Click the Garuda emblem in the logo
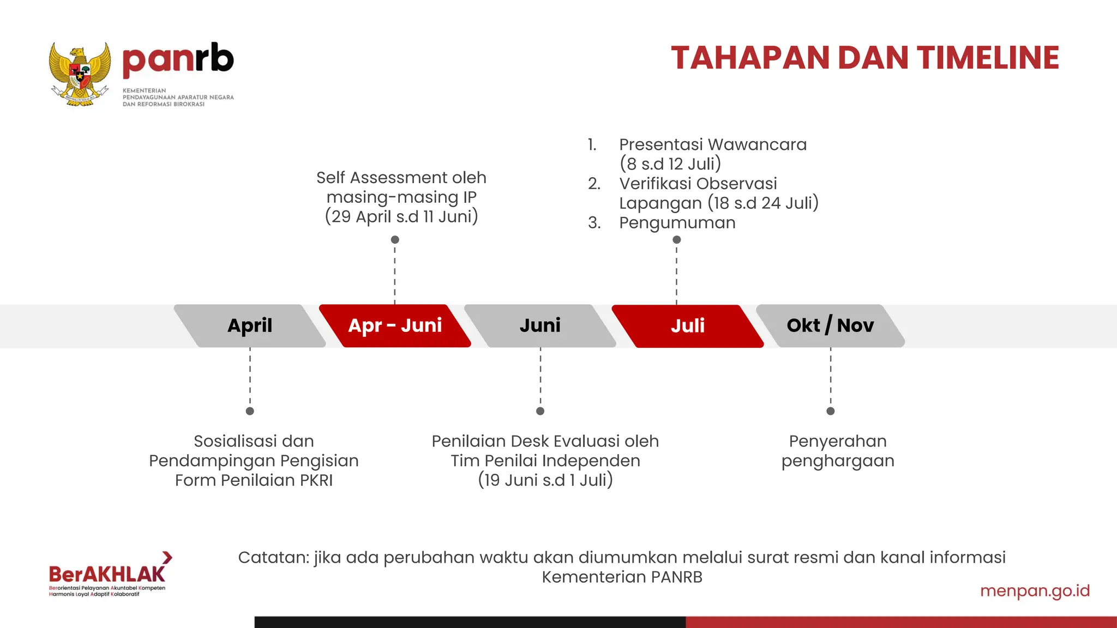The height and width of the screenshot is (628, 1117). tap(80, 74)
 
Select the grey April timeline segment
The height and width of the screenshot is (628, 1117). tap(250, 325)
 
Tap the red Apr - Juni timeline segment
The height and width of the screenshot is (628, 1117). tap(395, 325)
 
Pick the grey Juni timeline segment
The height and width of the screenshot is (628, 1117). tap(540, 325)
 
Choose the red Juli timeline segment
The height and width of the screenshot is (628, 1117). tap(687, 326)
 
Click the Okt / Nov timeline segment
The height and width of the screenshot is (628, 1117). tap(830, 325)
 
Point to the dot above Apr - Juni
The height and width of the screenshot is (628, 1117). tap(395, 240)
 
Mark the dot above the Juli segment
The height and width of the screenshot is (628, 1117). tap(677, 240)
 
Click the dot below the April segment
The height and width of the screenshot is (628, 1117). tap(250, 411)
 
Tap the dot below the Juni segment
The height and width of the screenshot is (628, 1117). tap(541, 411)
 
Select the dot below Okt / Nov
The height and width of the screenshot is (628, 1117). tap(831, 411)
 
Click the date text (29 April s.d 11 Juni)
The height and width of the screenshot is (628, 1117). tap(401, 217)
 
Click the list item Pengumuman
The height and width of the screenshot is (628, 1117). tap(677, 223)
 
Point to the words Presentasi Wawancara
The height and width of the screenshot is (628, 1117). tap(712, 144)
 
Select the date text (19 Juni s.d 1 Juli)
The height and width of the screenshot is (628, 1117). tap(545, 480)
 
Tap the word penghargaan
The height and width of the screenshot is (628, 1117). tap(838, 461)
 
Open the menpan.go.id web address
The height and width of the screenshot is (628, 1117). tap(1035, 591)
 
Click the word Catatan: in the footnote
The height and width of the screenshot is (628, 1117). tap(273, 558)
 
